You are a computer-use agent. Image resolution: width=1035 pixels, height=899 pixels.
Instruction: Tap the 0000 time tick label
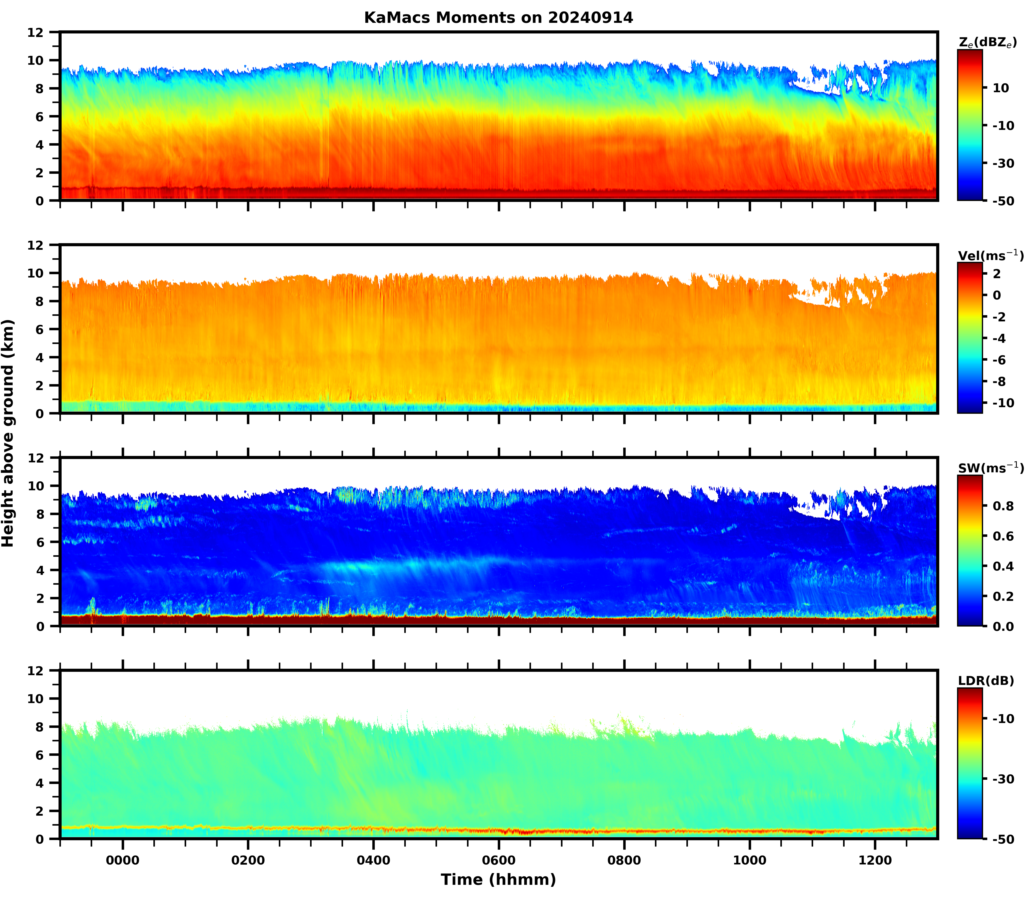122,860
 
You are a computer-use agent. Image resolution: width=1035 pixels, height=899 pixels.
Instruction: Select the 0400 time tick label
373,860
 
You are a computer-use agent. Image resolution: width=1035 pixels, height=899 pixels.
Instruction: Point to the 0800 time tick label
624,860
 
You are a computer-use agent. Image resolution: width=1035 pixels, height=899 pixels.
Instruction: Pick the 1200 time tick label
875,860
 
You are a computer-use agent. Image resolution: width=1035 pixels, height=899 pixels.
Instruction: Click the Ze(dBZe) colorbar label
987,43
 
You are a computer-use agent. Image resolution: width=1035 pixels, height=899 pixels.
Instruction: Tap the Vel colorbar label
990,255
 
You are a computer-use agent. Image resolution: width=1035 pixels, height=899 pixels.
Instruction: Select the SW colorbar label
990,468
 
